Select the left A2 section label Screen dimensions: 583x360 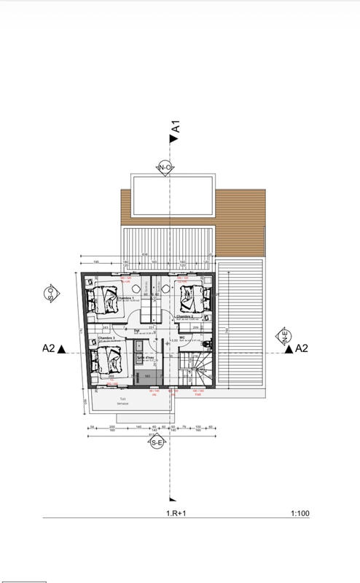click(x=49, y=349)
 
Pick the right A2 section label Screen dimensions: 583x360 click(x=301, y=349)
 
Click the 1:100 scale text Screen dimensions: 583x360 click(x=300, y=514)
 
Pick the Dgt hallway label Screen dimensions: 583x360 click(x=136, y=331)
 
